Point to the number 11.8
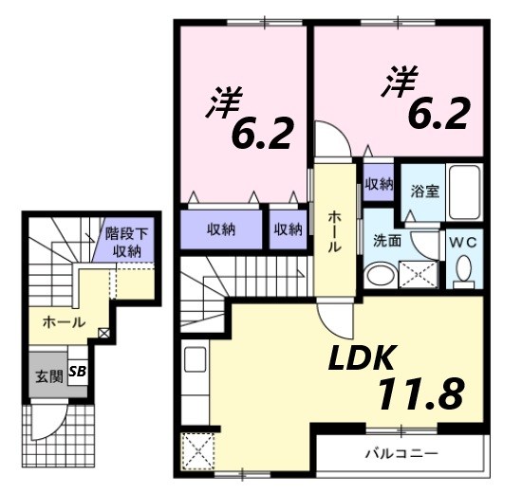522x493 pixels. [421, 391]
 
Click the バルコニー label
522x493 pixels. [401, 450]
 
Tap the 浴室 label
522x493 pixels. [423, 191]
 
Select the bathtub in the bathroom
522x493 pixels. [465, 194]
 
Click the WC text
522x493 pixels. [462, 241]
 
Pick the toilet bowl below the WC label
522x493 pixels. [463, 271]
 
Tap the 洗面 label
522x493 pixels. [387, 241]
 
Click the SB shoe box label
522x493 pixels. [77, 373]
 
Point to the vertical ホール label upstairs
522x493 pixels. [335, 231]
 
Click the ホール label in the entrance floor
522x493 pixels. [64, 322]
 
